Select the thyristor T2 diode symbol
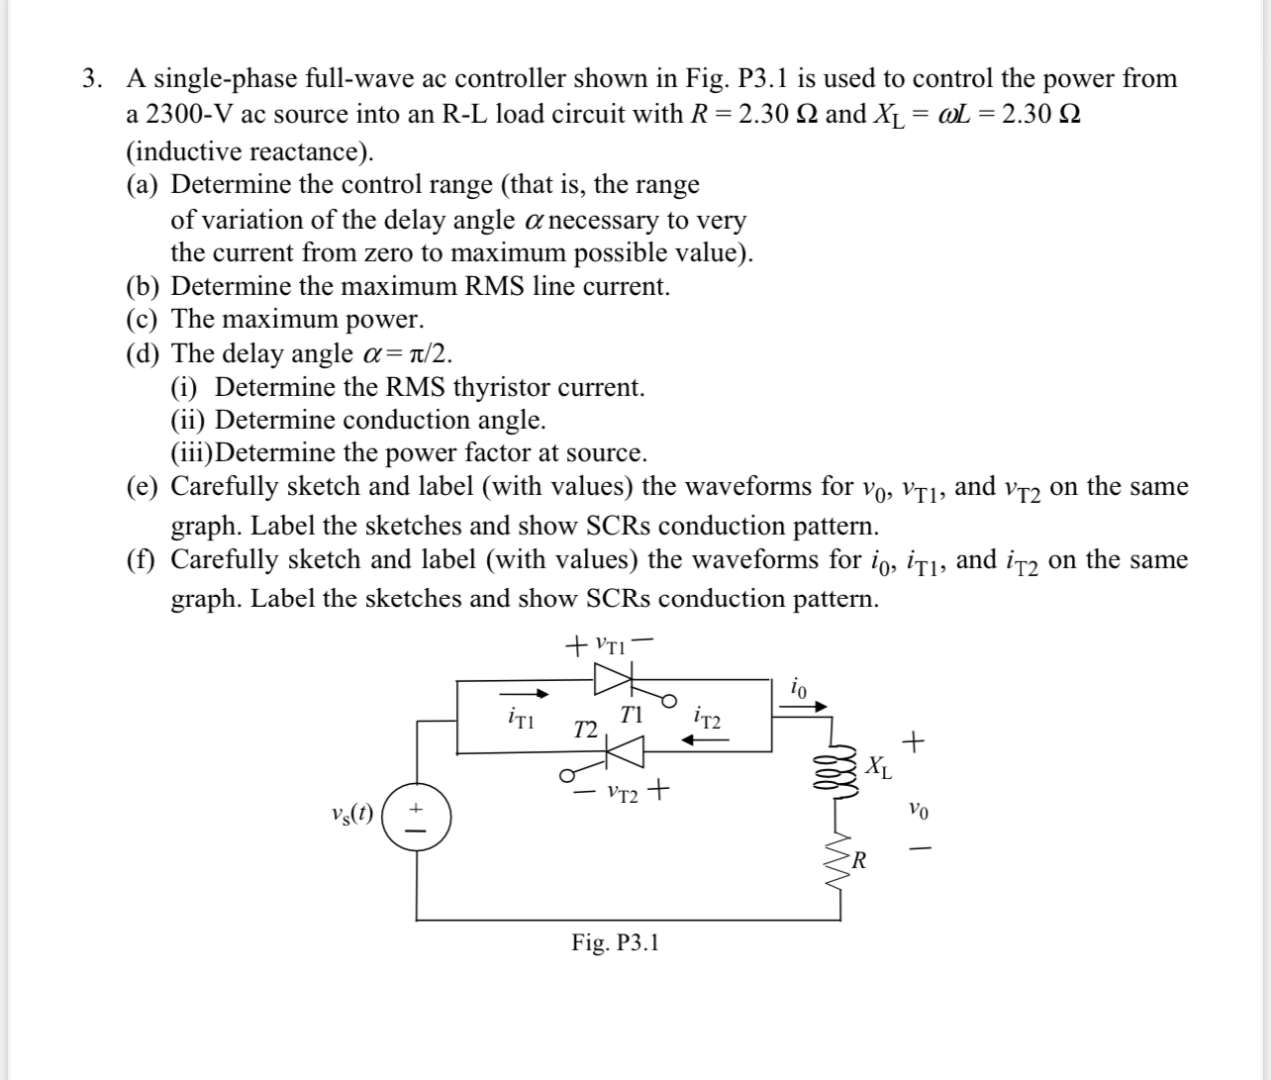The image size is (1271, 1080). pyautogui.click(x=626, y=752)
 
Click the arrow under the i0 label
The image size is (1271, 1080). pyautogui.click(x=807, y=707)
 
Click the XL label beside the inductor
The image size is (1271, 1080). pyautogui.click(x=878, y=767)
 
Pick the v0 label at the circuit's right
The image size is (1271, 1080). pyautogui.click(x=918, y=811)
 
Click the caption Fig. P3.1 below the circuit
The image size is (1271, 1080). pyautogui.click(x=615, y=942)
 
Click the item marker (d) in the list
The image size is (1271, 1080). pyautogui.click(x=144, y=353)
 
